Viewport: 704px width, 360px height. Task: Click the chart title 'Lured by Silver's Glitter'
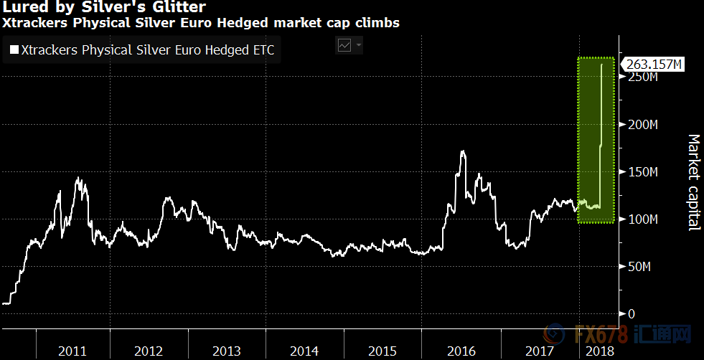(104, 8)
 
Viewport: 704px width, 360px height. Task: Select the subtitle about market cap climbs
(202, 23)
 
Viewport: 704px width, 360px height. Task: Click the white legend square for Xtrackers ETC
(14, 50)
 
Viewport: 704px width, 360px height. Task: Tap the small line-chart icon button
(344, 45)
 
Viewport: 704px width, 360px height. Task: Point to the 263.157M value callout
(653, 65)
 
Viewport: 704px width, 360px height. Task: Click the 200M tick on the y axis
(643, 125)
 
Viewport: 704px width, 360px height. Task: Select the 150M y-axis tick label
(643, 172)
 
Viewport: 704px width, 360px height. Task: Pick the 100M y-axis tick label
(643, 219)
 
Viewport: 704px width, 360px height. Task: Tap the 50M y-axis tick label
(640, 267)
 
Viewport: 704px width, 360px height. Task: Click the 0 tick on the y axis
(632, 314)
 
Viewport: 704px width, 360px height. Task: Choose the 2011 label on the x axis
(72, 351)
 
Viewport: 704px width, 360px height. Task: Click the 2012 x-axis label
(149, 351)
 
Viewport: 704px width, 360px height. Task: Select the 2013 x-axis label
(227, 351)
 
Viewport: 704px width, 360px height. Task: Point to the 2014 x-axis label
(304, 351)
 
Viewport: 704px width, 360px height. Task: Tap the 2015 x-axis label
(382, 351)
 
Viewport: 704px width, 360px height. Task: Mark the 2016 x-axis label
(461, 351)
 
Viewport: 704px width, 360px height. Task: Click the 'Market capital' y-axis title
(693, 182)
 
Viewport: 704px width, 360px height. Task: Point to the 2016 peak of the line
(463, 151)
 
